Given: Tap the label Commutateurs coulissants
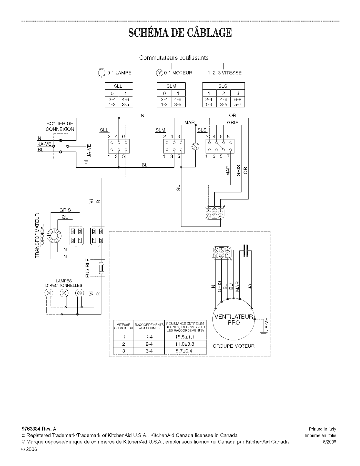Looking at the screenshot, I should click(x=174, y=58).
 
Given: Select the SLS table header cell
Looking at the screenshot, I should click(x=223, y=86).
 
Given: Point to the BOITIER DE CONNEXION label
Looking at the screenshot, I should click(x=60, y=127).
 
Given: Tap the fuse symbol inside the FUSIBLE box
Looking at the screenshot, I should click(x=101, y=268).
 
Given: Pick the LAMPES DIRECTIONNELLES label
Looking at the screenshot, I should click(x=64, y=283).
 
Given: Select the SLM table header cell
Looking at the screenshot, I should click(x=171, y=86).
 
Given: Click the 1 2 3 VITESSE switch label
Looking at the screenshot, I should click(x=224, y=73).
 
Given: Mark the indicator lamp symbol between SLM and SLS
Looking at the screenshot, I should click(x=195, y=146).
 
